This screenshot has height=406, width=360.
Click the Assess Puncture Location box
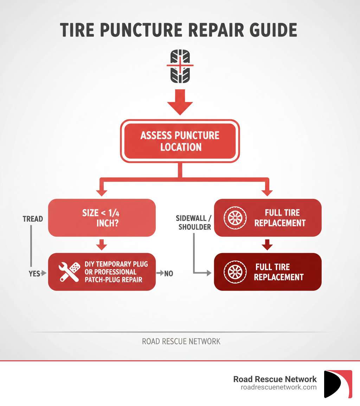[x=180, y=141]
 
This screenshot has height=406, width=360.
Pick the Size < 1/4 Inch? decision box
[x=102, y=218]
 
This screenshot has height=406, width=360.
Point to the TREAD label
[x=33, y=219]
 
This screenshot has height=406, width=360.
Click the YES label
[x=34, y=273]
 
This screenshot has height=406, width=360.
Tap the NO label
[x=168, y=273]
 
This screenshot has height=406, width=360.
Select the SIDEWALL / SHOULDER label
[x=194, y=223]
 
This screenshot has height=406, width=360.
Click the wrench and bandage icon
[x=69, y=272]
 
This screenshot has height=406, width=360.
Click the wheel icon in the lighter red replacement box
[x=233, y=218]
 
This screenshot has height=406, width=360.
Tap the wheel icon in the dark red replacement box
[x=233, y=272]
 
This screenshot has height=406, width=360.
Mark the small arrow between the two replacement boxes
[x=268, y=245]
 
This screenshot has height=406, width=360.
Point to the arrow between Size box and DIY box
[x=102, y=245]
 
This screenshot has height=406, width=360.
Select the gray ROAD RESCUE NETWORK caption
[x=181, y=341]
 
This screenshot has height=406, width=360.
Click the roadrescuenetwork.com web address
[x=278, y=387]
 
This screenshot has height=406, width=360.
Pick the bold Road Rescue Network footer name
[x=275, y=379]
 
